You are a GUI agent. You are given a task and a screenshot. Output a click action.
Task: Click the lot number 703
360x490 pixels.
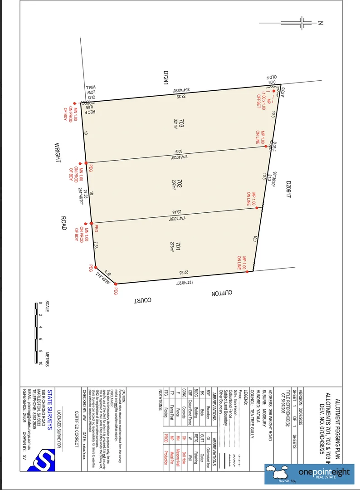coord(181,122)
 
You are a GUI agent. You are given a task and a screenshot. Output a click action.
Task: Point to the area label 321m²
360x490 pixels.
coord(175,123)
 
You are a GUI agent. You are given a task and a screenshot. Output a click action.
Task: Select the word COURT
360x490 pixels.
coord(142,300)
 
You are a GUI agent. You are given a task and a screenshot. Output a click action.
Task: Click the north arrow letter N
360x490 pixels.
coord(320,22)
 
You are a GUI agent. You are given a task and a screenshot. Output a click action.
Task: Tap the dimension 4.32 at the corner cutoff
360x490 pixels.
coord(107,273)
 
